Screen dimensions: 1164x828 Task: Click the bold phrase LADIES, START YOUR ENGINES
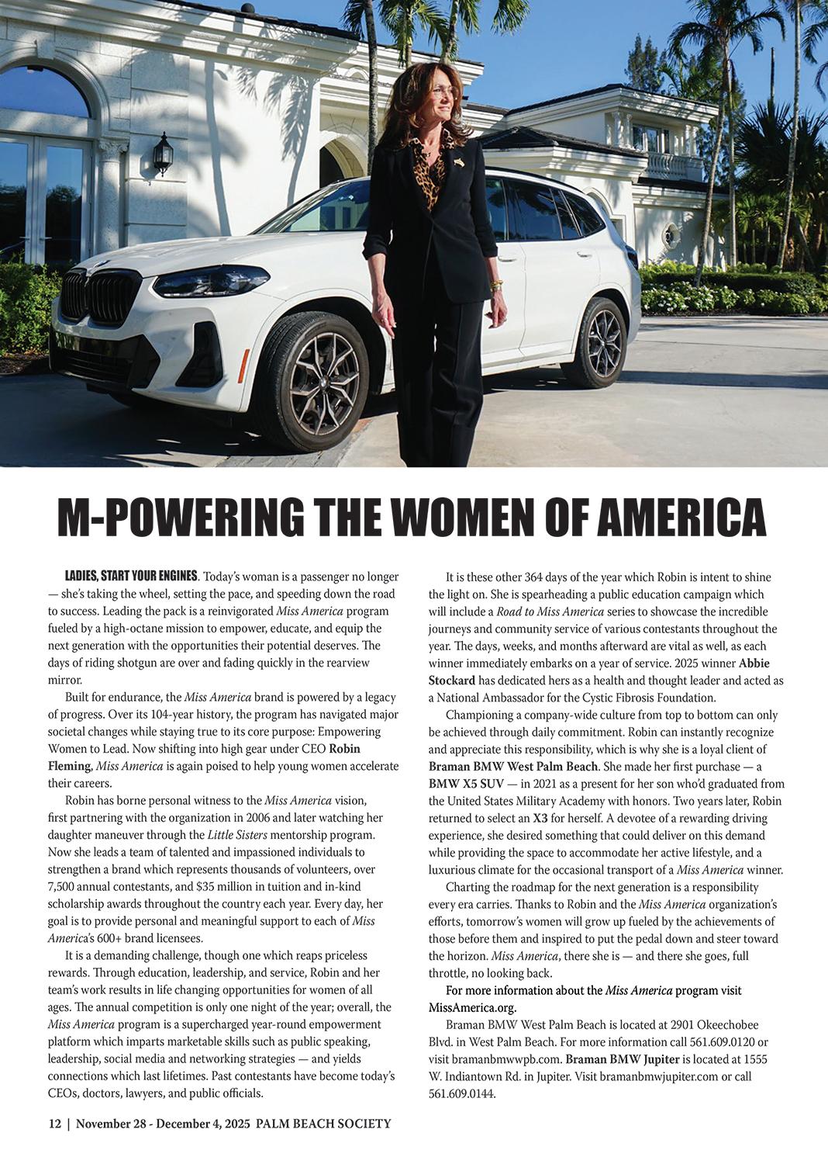132,577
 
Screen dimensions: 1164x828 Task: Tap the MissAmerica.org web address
472,1007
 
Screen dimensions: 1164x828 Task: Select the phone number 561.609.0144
461,1094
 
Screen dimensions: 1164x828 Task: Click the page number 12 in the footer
54,1124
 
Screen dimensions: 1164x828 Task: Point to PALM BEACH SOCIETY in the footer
323,1124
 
